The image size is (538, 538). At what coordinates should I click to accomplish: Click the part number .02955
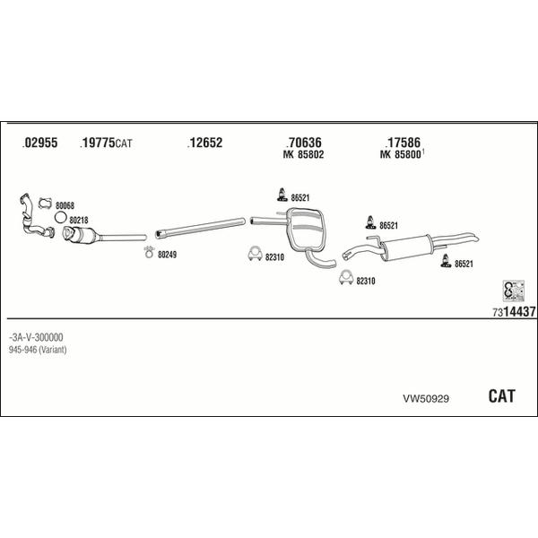pyautogui.click(x=39, y=143)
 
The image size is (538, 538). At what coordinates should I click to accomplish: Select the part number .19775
pyautogui.click(x=98, y=143)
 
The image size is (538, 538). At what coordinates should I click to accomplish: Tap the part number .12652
pyautogui.click(x=204, y=143)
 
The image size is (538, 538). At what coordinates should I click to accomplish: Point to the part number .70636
pyautogui.click(x=304, y=143)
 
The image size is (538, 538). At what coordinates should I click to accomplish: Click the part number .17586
pyautogui.click(x=403, y=143)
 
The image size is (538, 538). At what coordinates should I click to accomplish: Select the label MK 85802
pyautogui.click(x=303, y=154)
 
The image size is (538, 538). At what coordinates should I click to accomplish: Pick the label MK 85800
pyautogui.click(x=400, y=154)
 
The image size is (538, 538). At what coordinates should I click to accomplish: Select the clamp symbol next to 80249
pyautogui.click(x=149, y=252)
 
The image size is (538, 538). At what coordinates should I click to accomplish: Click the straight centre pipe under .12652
pyautogui.click(x=200, y=228)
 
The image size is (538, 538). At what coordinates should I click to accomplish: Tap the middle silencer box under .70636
pyautogui.click(x=307, y=230)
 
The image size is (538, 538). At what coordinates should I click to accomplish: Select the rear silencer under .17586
pyautogui.click(x=406, y=247)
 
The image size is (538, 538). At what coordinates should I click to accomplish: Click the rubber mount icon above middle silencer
pyautogui.click(x=282, y=195)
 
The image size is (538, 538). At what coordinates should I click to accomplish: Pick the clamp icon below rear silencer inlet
pyautogui.click(x=346, y=277)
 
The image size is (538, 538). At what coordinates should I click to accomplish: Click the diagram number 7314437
pyautogui.click(x=514, y=311)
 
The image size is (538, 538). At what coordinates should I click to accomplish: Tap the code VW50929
pyautogui.click(x=426, y=399)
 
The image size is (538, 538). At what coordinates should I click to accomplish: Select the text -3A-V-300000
pyautogui.click(x=36, y=337)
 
